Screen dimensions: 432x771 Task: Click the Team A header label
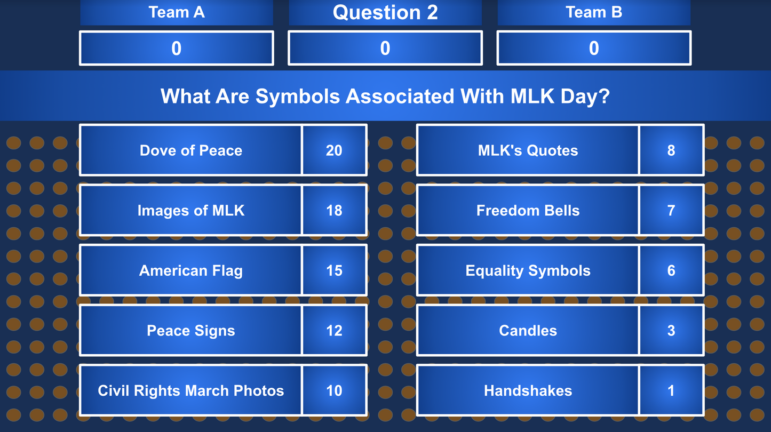[177, 12]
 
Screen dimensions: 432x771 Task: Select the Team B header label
[594, 12]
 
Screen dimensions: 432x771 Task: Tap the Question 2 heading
[385, 12]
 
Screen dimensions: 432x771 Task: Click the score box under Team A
[177, 49]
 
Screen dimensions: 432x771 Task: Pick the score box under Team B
[594, 49]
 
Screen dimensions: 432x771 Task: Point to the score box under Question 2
[385, 49]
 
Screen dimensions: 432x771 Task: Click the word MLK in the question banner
[533, 97]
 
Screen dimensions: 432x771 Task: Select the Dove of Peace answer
[191, 150]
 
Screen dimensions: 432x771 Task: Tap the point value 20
[334, 150]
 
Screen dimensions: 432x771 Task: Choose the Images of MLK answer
[191, 211]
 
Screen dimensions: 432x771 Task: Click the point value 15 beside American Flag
[334, 270]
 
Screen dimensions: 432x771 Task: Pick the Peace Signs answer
[191, 331]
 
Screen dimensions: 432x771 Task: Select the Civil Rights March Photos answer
[191, 390]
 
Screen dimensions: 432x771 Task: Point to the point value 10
[334, 390]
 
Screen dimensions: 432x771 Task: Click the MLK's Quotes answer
[528, 150]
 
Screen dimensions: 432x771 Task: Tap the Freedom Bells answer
[528, 211]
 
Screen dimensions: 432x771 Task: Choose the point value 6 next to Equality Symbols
[671, 270]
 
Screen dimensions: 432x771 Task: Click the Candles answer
[528, 331]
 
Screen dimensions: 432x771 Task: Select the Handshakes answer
[528, 390]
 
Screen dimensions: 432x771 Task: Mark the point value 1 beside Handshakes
[671, 390]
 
